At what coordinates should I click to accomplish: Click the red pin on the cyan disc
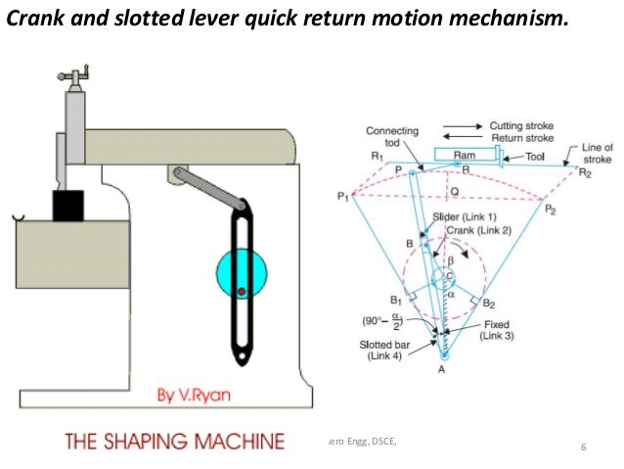tap(241, 292)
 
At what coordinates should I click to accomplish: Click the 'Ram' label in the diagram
tap(464, 156)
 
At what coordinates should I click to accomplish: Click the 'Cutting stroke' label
tap(523, 126)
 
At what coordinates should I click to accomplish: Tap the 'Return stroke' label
tap(522, 139)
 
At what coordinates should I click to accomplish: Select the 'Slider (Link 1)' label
tap(464, 215)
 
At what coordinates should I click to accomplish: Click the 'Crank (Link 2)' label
tap(467, 228)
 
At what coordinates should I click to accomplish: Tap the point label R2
tap(585, 173)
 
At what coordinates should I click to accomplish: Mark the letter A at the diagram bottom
tap(443, 370)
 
